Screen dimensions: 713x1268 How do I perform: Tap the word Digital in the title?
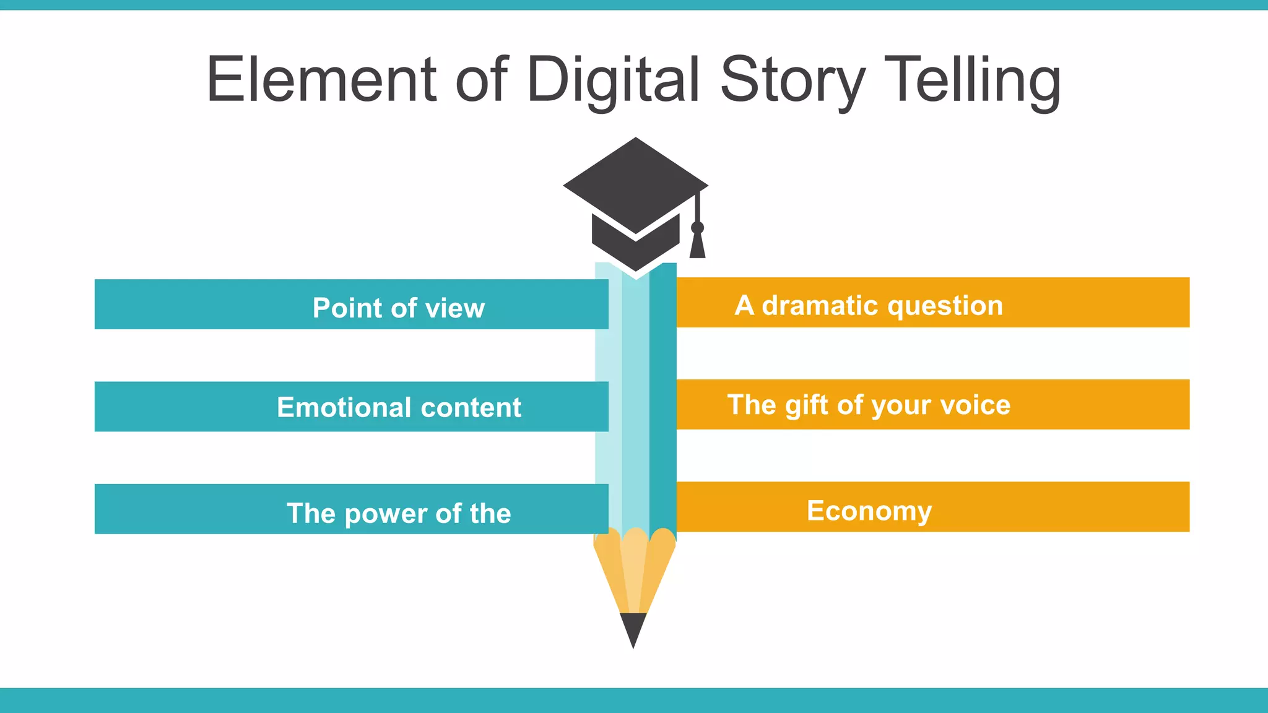613,80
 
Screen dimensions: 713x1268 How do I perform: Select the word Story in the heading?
793,80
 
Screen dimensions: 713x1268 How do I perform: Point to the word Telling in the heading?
972,80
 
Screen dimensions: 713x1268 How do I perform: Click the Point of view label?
398,308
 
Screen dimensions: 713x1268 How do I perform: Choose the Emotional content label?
399,407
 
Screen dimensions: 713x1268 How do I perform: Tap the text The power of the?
399,513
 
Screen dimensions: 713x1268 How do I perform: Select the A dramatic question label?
869,305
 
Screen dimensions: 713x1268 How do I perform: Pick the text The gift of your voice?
869,405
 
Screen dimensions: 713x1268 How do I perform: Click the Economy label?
869,511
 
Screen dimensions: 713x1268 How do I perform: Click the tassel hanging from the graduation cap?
698,241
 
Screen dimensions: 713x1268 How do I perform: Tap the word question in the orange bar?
945,306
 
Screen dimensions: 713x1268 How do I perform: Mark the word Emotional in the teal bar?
344,407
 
